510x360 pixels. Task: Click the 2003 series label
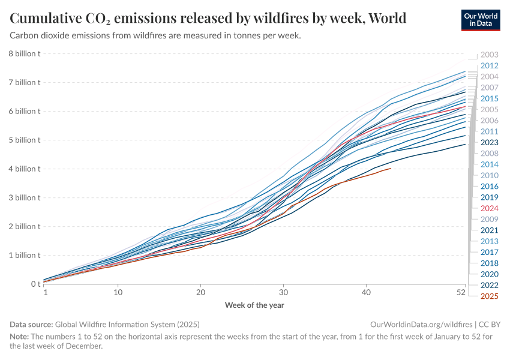coord(490,55)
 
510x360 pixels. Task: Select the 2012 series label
coord(490,65)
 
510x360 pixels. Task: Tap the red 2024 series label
coord(490,208)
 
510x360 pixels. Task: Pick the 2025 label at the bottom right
coord(490,296)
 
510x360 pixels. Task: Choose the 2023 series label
coord(490,142)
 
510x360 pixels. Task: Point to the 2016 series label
coord(490,186)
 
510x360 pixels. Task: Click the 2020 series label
coord(490,274)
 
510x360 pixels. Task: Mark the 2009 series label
coord(490,219)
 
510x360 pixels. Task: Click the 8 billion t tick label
coord(23,53)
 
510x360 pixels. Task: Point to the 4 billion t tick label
coord(23,169)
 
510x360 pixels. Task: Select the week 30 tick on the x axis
coord(283,292)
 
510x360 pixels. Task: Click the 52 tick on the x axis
coord(461,292)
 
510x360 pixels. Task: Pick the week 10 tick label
coord(118,292)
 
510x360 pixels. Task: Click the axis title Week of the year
coord(254,305)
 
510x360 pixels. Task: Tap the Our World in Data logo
coord(481,19)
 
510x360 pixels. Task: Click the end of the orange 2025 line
coord(391,169)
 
